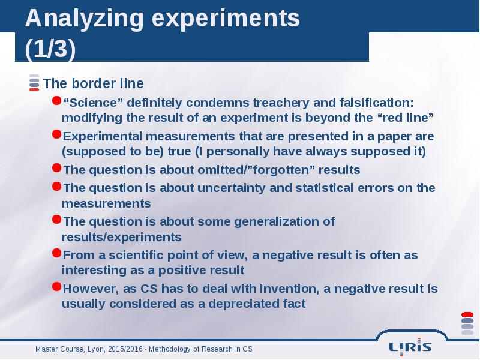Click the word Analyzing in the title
(85, 19)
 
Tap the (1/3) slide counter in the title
(50, 48)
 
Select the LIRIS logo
(410, 347)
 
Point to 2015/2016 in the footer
(125, 349)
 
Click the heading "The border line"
(94, 83)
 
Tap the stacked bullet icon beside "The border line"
(34, 83)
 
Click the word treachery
(281, 103)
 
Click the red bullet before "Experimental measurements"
(56, 134)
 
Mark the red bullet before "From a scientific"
(56, 253)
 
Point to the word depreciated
(244, 304)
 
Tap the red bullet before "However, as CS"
(56, 287)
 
